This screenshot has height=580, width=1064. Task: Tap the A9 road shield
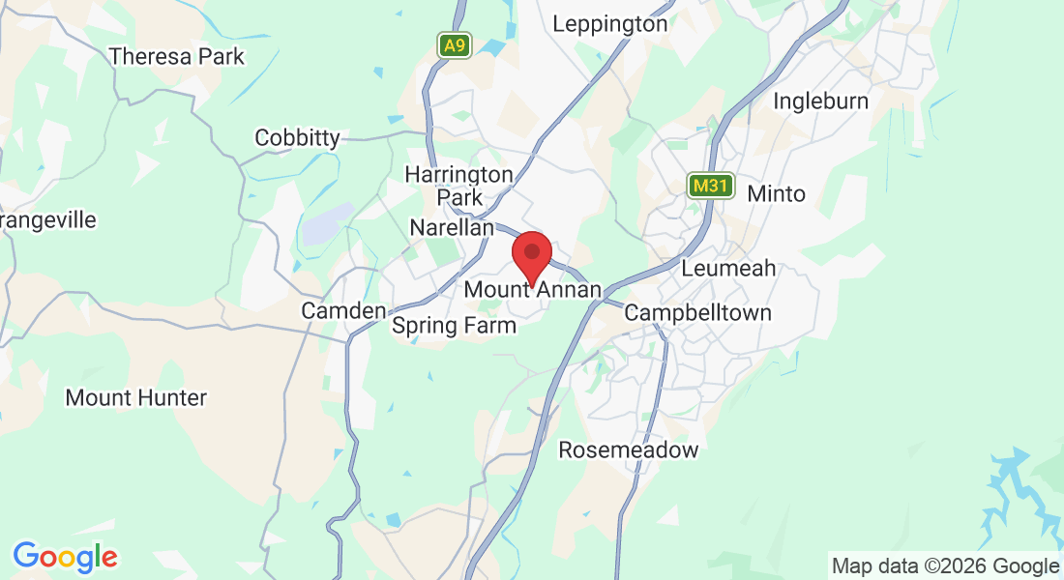pyautogui.click(x=454, y=45)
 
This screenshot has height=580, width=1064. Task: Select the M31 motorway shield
pyautogui.click(x=711, y=186)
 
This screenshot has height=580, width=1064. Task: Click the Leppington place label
pyautogui.click(x=610, y=24)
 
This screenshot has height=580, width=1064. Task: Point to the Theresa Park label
pyautogui.click(x=177, y=57)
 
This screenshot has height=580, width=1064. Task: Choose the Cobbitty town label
pyautogui.click(x=297, y=138)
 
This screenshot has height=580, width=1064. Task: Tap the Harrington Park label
pyautogui.click(x=459, y=186)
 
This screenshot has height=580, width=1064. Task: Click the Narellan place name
pyautogui.click(x=452, y=228)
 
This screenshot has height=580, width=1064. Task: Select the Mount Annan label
pyautogui.click(x=533, y=289)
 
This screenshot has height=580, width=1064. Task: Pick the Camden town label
pyautogui.click(x=343, y=311)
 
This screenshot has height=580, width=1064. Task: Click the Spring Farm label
pyautogui.click(x=454, y=326)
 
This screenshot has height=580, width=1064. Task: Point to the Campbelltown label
pyautogui.click(x=697, y=313)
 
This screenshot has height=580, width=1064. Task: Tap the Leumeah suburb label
pyautogui.click(x=728, y=268)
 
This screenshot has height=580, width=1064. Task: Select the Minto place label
pyautogui.click(x=776, y=194)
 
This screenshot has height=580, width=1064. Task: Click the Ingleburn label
pyautogui.click(x=821, y=101)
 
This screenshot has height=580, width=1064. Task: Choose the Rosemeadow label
pyautogui.click(x=628, y=450)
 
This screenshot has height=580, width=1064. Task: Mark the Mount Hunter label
pyautogui.click(x=135, y=397)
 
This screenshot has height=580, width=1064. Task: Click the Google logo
pyautogui.click(x=66, y=557)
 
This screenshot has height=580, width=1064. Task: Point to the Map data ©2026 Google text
pyautogui.click(x=945, y=566)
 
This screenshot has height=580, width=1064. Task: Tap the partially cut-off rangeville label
pyautogui.click(x=48, y=220)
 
